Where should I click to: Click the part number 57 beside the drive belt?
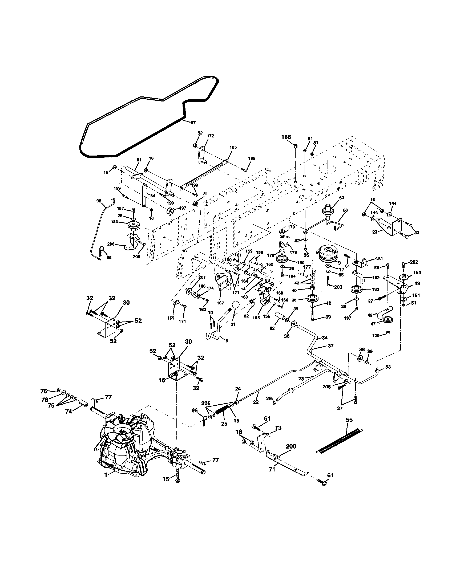193,123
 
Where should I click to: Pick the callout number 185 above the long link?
233,147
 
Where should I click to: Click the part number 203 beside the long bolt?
338,287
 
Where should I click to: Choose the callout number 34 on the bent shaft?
325,337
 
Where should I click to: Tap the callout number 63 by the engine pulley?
341,198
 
